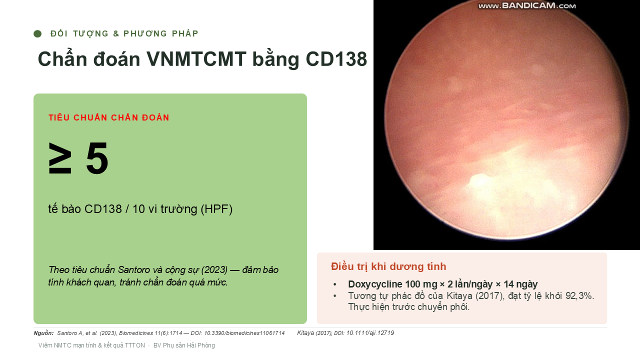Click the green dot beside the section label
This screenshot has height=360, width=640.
click(37, 33)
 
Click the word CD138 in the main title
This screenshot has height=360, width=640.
click(336, 59)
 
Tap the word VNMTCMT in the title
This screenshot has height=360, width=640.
click(196, 59)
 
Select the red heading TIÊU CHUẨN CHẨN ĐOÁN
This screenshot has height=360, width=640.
click(109, 117)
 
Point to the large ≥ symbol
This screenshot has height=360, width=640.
click(59, 158)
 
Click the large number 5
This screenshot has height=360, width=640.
click(97, 158)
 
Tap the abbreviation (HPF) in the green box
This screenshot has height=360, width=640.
click(216, 209)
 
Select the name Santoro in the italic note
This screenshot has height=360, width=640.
click(134, 269)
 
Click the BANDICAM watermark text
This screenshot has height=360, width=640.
click(527, 5)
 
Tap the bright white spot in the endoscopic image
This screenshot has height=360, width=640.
click(479, 180)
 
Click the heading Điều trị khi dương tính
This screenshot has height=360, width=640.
click(388, 266)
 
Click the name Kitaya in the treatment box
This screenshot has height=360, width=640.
click(459, 295)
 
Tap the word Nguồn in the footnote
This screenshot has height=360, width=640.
click(43, 333)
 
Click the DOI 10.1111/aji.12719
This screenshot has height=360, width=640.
click(370, 333)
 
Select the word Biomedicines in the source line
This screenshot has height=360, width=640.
click(136, 333)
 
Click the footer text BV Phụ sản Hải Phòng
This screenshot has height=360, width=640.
click(184, 345)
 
